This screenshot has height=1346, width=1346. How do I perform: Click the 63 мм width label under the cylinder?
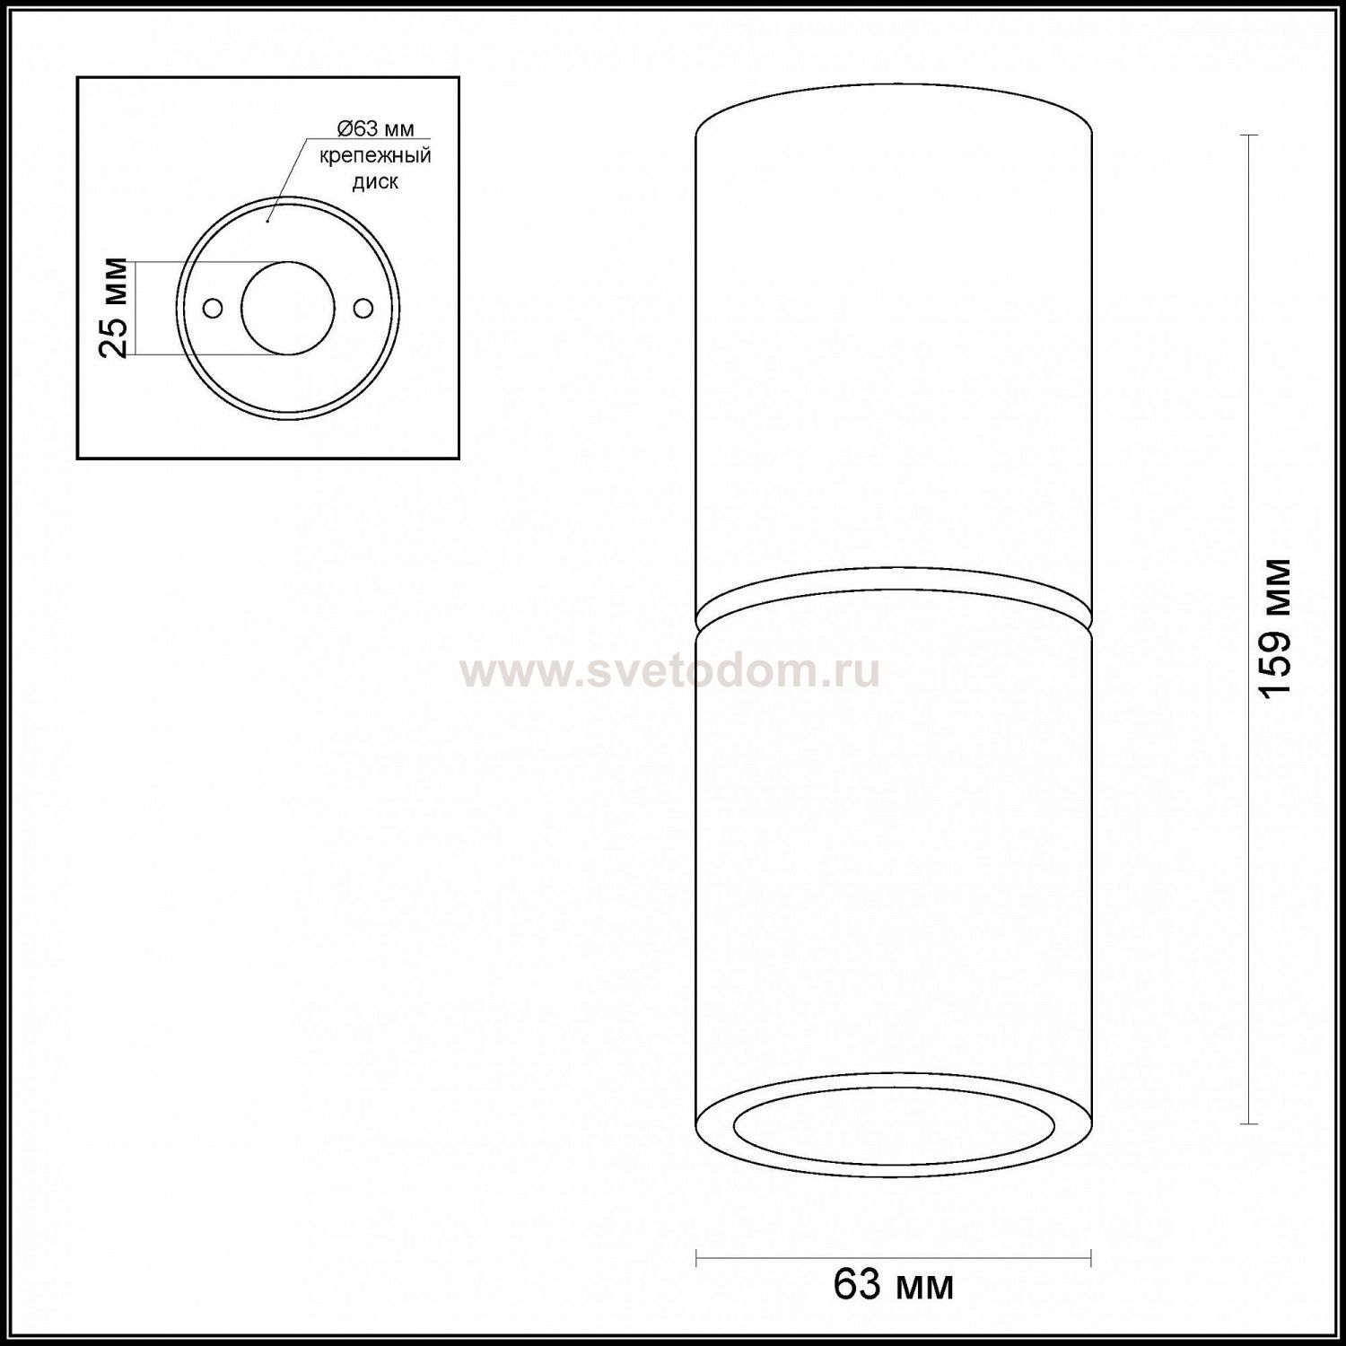coord(894,1285)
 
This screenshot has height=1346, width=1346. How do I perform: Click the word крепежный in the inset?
coord(376,155)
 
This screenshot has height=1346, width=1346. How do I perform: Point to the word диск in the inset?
coord(376,182)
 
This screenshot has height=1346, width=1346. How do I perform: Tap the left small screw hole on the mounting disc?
coord(213,308)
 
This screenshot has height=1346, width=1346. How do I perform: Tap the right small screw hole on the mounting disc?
coord(363,308)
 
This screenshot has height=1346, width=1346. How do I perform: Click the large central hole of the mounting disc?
coord(288,308)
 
